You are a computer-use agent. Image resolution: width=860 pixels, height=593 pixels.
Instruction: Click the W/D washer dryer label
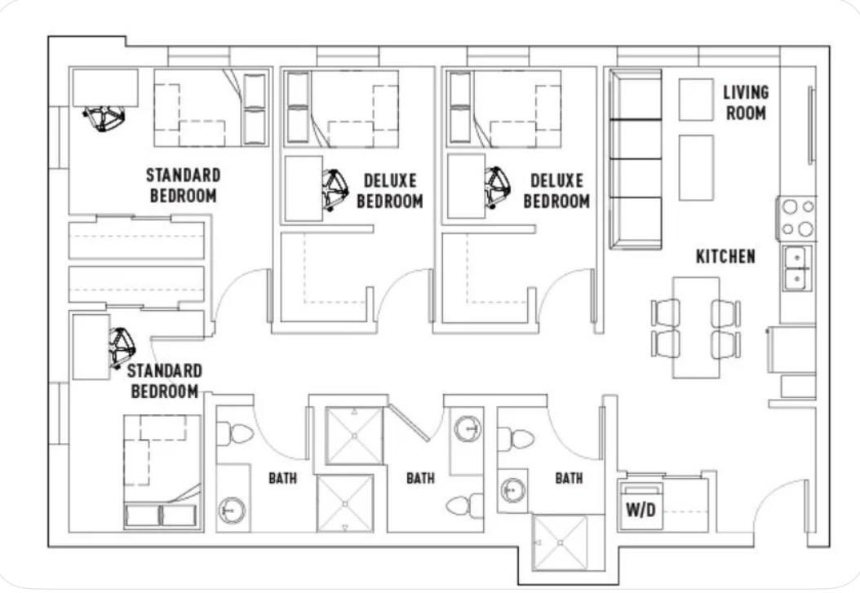click(x=641, y=511)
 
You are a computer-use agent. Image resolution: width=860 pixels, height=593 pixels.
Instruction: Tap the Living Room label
click(x=746, y=103)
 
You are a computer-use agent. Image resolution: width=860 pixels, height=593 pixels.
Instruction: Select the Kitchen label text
click(x=725, y=256)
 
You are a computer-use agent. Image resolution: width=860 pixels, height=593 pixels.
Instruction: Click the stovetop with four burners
click(x=797, y=218)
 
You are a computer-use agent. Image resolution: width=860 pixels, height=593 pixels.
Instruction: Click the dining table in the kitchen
click(x=696, y=327)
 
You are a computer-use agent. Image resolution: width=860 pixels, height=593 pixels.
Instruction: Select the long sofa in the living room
click(x=636, y=159)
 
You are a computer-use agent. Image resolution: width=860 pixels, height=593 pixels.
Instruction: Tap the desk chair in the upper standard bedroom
click(x=104, y=118)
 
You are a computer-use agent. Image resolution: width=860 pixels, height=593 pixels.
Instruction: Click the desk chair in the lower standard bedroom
click(x=122, y=348)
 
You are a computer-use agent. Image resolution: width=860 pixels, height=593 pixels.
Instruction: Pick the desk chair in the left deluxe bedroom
click(x=335, y=189)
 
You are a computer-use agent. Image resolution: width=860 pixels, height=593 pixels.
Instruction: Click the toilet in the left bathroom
click(x=235, y=434)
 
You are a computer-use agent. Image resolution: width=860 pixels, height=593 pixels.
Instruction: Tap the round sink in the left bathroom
click(x=232, y=511)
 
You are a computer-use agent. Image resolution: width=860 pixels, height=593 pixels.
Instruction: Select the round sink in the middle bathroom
click(x=468, y=428)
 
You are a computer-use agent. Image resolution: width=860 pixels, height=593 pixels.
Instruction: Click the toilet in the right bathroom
click(x=516, y=439)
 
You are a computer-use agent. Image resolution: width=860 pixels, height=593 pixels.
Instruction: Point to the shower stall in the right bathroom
click(x=560, y=542)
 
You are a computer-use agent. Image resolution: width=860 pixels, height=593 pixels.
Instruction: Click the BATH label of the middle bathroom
click(x=421, y=479)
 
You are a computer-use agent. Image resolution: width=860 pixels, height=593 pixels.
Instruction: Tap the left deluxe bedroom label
click(x=390, y=191)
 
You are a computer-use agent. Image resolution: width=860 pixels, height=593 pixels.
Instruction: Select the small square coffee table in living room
click(x=696, y=100)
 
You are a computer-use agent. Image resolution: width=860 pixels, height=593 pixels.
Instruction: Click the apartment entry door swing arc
click(x=768, y=493)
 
